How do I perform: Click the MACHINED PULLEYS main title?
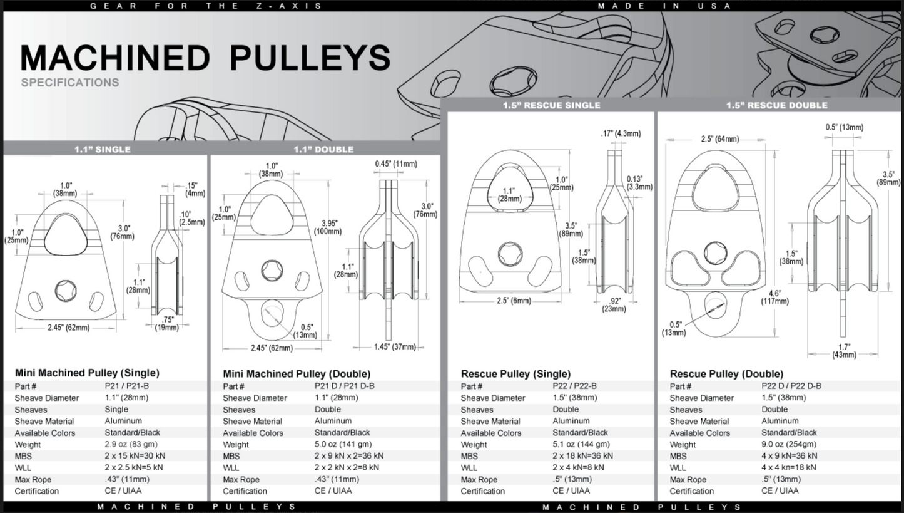coord(205,58)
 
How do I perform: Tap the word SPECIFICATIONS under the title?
coord(69,82)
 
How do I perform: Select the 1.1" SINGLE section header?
coord(103,149)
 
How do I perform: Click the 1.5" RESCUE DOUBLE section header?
coord(776,105)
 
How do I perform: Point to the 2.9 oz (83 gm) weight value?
coord(132,444)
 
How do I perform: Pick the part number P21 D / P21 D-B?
coord(344,386)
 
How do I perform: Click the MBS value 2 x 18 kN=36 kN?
coord(582,456)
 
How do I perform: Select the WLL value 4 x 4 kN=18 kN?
coord(788,467)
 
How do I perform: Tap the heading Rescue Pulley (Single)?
coord(515,374)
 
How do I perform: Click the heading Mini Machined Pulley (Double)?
coord(297,374)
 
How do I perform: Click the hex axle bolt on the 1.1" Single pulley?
coord(65,289)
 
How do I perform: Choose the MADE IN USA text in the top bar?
coord(664,6)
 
